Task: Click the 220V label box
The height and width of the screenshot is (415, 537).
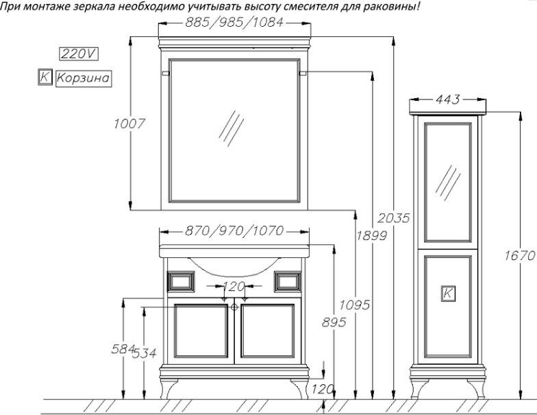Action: (79, 54)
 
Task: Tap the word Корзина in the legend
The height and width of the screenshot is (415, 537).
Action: (84, 78)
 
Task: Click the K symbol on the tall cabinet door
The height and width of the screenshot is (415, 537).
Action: (448, 294)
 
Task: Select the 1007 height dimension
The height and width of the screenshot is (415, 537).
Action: (129, 123)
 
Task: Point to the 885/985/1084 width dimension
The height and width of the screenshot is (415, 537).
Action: (234, 23)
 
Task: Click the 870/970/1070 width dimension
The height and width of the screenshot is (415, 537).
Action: (234, 230)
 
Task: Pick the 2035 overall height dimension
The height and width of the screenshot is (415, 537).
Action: (394, 218)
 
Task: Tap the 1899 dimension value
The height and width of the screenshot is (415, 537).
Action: (371, 236)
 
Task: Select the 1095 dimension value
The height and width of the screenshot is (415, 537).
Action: (355, 305)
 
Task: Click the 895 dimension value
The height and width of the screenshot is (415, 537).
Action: (334, 322)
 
